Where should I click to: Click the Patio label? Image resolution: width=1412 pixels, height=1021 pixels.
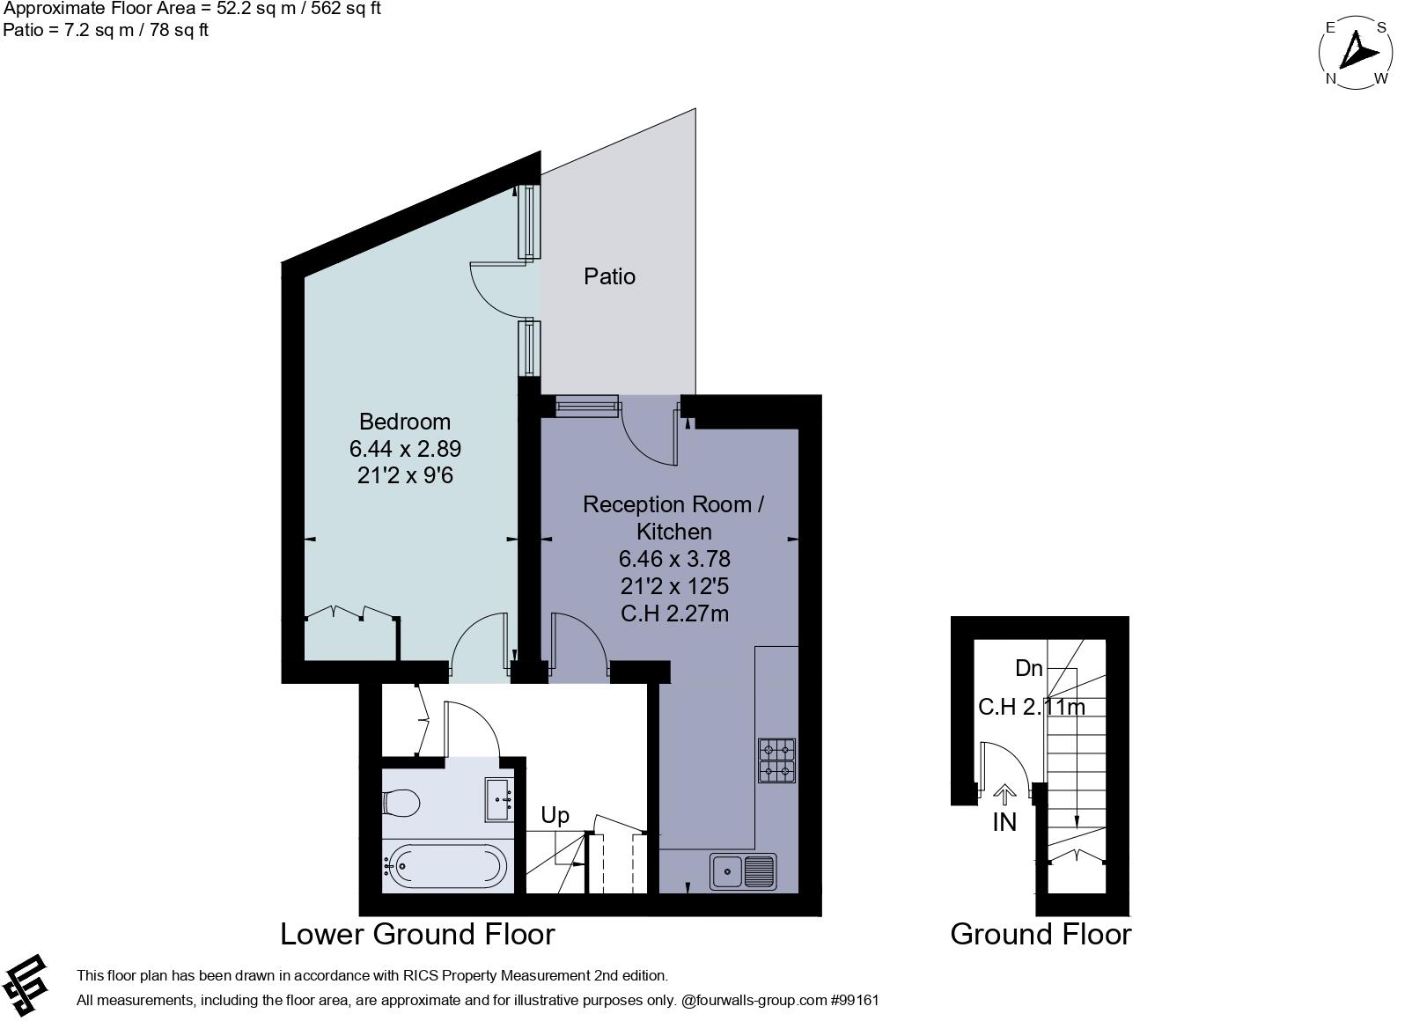609,276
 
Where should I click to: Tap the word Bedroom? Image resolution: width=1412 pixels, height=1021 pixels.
404,422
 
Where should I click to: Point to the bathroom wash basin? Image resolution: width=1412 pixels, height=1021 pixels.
500,799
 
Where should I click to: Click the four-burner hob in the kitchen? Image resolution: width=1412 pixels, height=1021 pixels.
777,760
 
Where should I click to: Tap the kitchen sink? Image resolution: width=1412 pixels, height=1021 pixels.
743,871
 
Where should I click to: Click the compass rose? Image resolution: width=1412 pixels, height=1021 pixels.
1356,53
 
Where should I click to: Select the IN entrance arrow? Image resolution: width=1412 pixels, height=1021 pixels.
1004,795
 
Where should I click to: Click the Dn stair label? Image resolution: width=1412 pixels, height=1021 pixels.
1028,668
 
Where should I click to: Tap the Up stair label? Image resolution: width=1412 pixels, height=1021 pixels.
555,815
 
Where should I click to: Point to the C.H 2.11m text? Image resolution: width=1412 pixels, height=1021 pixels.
1031,707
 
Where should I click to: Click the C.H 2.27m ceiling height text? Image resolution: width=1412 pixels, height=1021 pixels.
674,613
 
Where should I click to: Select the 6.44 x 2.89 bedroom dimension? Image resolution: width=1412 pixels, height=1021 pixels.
405,449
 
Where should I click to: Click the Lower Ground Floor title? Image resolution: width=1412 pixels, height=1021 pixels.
417,934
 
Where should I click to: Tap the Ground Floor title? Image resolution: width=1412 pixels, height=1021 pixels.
1041,934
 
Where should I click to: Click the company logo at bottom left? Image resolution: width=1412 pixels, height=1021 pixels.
25,984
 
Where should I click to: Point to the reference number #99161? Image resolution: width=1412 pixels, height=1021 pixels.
854,1000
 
